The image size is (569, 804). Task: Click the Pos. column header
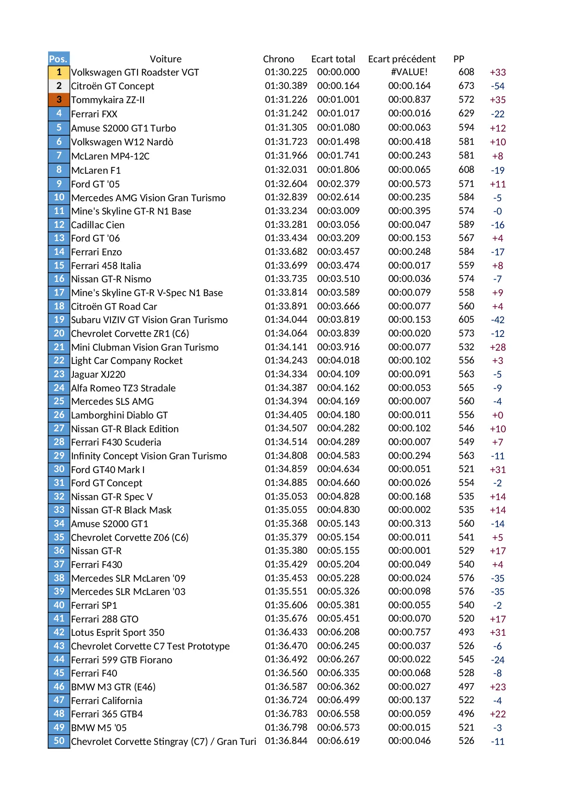[58, 59]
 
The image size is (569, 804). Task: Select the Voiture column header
[166, 59]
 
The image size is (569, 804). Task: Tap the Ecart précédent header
[402, 59]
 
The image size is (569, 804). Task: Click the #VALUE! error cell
[409, 72]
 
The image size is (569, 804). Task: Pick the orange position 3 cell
[59, 99]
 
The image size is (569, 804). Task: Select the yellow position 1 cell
[59, 72]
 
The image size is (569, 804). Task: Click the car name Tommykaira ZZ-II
[108, 100]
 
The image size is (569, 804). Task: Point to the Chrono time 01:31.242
[286, 113]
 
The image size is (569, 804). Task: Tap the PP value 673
[466, 86]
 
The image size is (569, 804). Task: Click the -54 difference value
[497, 86]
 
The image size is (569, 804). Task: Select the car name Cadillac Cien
[98, 225]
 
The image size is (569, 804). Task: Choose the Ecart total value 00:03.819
[338, 319]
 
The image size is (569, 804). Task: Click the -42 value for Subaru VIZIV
[497, 320]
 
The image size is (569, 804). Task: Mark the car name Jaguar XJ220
[98, 374]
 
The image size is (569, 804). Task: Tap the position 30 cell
[59, 469]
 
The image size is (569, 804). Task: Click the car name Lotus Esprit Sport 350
[118, 633]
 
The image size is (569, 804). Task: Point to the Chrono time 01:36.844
[286, 741]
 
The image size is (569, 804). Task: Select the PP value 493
[466, 632]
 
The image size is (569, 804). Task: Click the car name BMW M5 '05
[99, 728]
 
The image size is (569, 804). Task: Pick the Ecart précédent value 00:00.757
[409, 632]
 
